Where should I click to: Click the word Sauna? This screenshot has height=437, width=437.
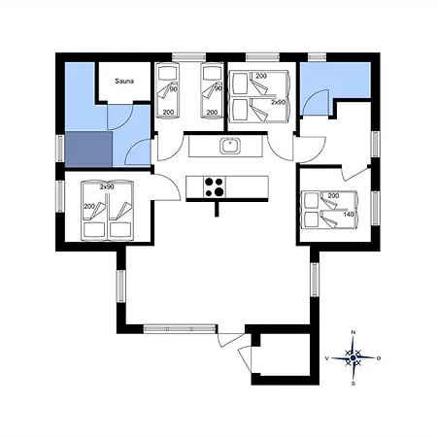pos(124,81)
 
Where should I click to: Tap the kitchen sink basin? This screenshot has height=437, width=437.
pos(230,146)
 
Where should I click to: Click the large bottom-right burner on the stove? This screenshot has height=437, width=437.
pos(219,192)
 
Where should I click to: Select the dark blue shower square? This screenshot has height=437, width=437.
pos(88,150)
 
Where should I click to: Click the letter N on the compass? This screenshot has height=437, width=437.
pos(353,332)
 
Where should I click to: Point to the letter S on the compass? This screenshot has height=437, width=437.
pos(353,384)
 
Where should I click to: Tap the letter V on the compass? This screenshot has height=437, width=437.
pos(327,358)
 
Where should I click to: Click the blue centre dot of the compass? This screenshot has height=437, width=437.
pos(353,358)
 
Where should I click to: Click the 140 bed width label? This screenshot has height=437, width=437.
pos(349,215)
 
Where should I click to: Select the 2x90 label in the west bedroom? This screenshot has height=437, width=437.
pos(107,187)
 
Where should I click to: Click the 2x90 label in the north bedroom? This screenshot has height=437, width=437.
pos(279,102)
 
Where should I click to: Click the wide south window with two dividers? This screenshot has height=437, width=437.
pos(180,329)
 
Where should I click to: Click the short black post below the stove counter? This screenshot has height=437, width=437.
pos(217,209)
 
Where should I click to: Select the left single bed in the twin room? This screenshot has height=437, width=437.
pos(168,90)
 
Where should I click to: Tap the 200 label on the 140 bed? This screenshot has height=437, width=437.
pos(333,195)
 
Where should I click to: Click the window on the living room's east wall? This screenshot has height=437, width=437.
pos(315,280)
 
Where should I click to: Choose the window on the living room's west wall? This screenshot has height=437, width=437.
pos(120,286)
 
